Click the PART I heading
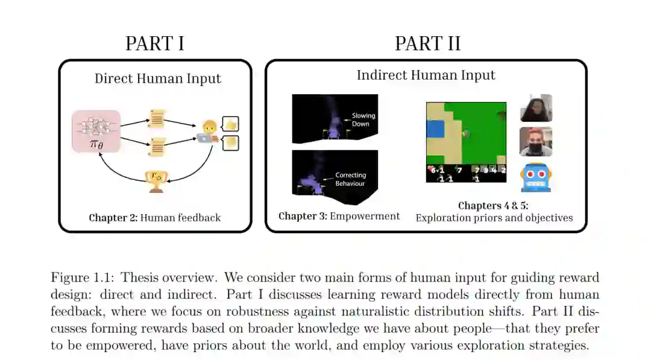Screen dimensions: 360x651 [154, 44]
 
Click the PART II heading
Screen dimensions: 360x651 [427, 44]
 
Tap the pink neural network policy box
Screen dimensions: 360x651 [96, 131]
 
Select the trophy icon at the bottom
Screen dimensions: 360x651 [157, 180]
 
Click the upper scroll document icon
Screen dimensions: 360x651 [157, 119]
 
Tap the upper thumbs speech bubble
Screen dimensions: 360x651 [231, 124]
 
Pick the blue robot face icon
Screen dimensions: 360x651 [536, 177]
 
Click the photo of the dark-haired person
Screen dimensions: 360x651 [536, 109]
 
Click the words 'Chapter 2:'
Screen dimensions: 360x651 [113, 218]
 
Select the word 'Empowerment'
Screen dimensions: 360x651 [365, 216]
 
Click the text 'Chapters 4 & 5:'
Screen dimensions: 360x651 [493, 206]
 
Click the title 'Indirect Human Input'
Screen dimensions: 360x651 [426, 75]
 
